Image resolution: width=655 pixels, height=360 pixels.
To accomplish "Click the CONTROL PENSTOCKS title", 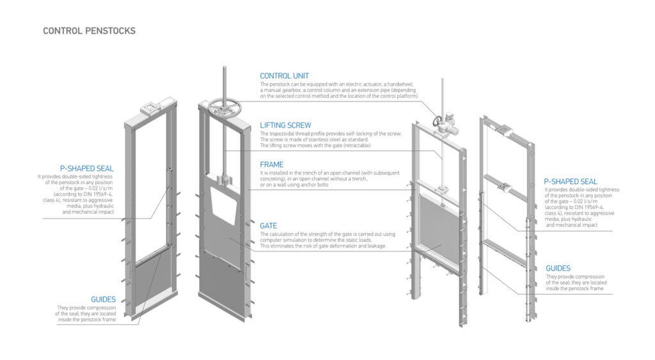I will [x=89, y=31].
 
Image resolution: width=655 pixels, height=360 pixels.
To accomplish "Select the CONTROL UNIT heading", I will [x=284, y=76].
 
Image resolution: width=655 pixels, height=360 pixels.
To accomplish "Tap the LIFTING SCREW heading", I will [x=285, y=125].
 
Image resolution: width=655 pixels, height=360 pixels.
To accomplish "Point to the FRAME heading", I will [x=271, y=164].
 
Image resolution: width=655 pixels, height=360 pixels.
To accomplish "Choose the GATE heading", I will [x=268, y=226].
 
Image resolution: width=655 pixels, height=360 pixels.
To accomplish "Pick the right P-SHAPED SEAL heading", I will [x=571, y=182].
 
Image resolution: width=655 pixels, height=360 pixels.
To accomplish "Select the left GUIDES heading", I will [x=103, y=299].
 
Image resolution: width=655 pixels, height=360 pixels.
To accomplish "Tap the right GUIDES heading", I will [x=558, y=268].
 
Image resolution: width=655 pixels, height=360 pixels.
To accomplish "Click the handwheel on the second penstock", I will [x=224, y=107].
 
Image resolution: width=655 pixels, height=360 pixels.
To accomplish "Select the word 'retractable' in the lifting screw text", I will [x=356, y=145].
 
